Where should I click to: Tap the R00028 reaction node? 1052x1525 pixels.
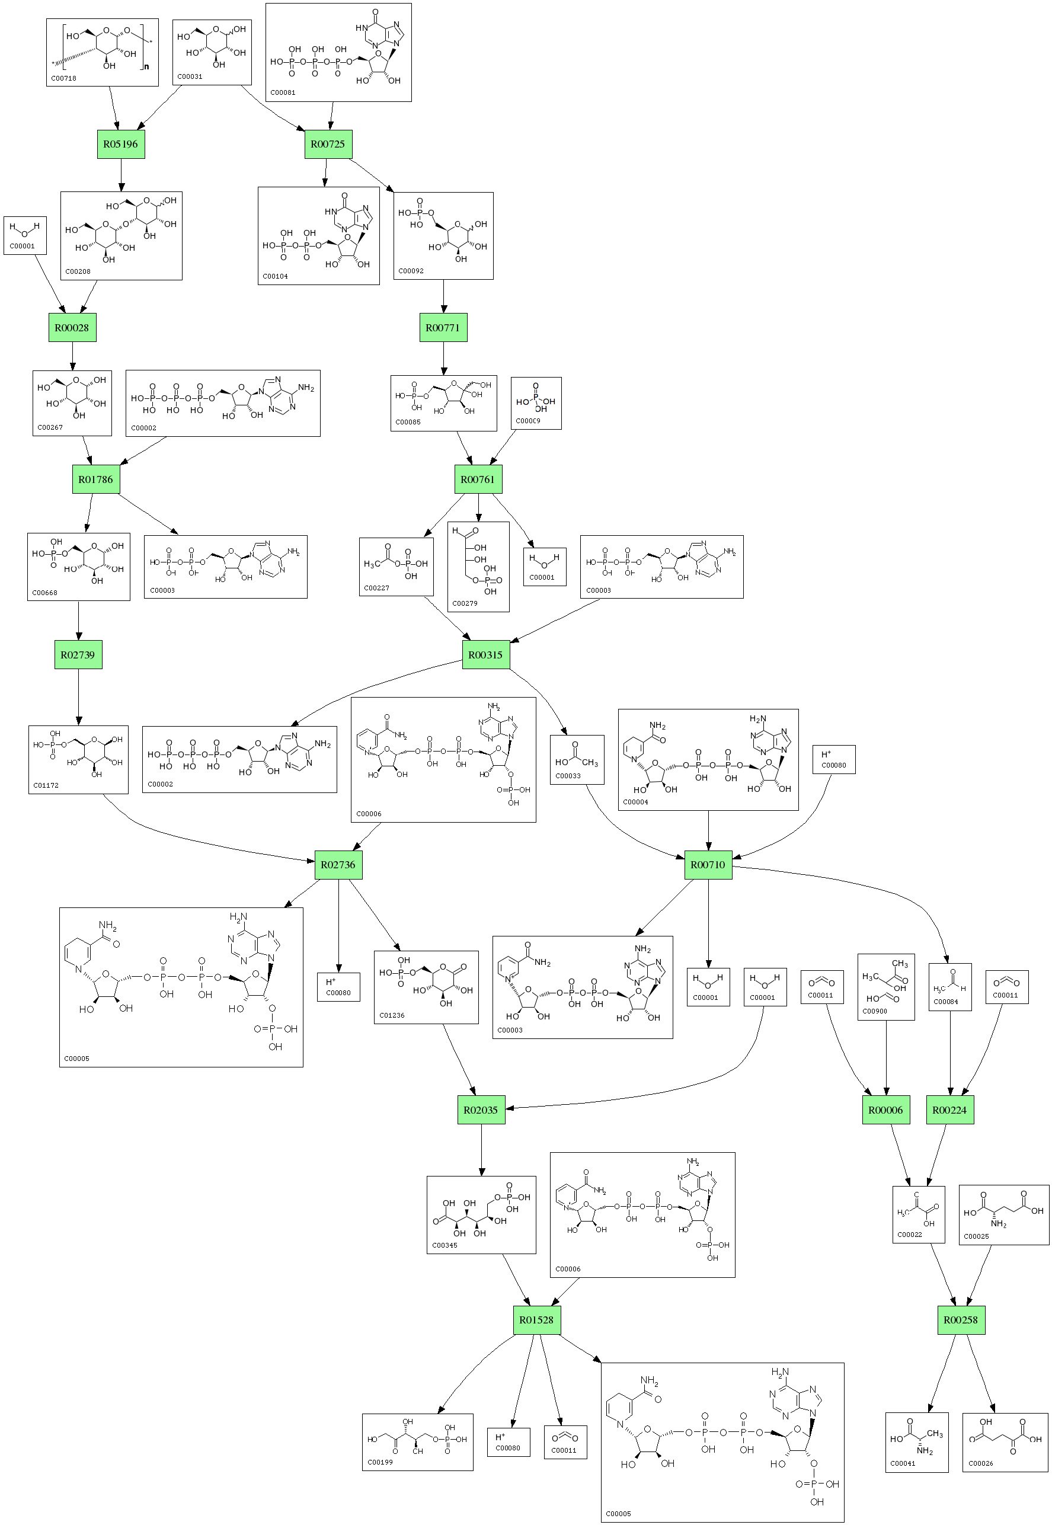click(x=72, y=328)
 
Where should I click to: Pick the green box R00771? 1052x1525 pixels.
click(x=443, y=328)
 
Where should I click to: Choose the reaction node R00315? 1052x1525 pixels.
click(x=485, y=655)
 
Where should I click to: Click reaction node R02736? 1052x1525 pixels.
click(x=338, y=865)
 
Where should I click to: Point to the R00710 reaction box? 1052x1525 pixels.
click(x=708, y=865)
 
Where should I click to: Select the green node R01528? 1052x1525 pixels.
click(x=536, y=1319)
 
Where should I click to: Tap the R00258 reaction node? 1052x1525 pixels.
click(x=961, y=1319)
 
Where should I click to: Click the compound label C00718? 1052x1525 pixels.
click(x=63, y=78)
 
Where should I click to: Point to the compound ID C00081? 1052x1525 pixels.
click(x=283, y=93)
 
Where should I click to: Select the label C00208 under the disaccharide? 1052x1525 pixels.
click(x=78, y=271)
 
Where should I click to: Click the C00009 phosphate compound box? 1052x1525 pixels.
click(x=536, y=403)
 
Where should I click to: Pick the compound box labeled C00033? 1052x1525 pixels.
click(x=577, y=759)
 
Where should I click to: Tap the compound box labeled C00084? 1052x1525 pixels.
click(x=949, y=987)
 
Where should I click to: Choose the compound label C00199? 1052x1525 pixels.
click(x=380, y=1462)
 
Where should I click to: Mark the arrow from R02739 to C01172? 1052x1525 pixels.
click(x=78, y=697)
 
